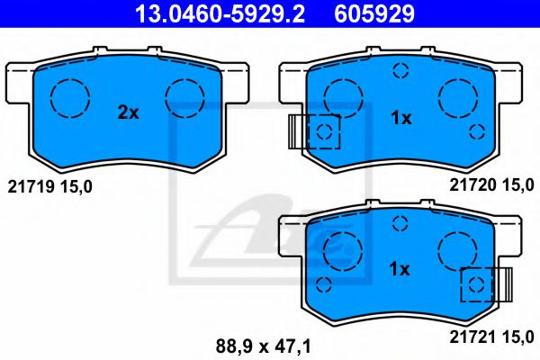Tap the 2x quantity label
point(128,113)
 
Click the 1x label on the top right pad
point(400,118)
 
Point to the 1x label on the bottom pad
point(400,268)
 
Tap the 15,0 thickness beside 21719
point(75,186)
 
